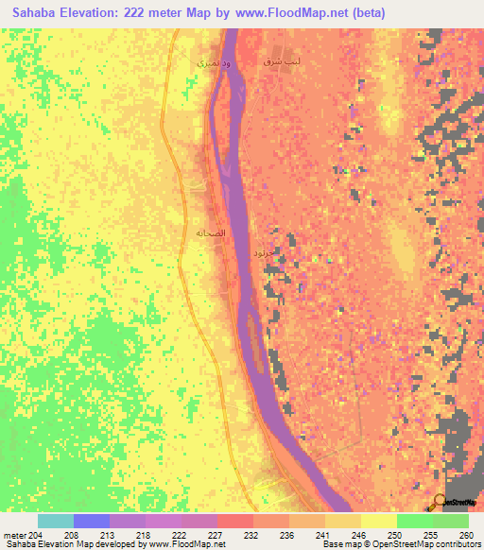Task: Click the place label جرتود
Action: coord(265,253)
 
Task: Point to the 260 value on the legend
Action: coord(464,536)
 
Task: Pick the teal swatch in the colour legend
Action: coord(55,521)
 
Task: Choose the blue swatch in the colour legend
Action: coord(91,521)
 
